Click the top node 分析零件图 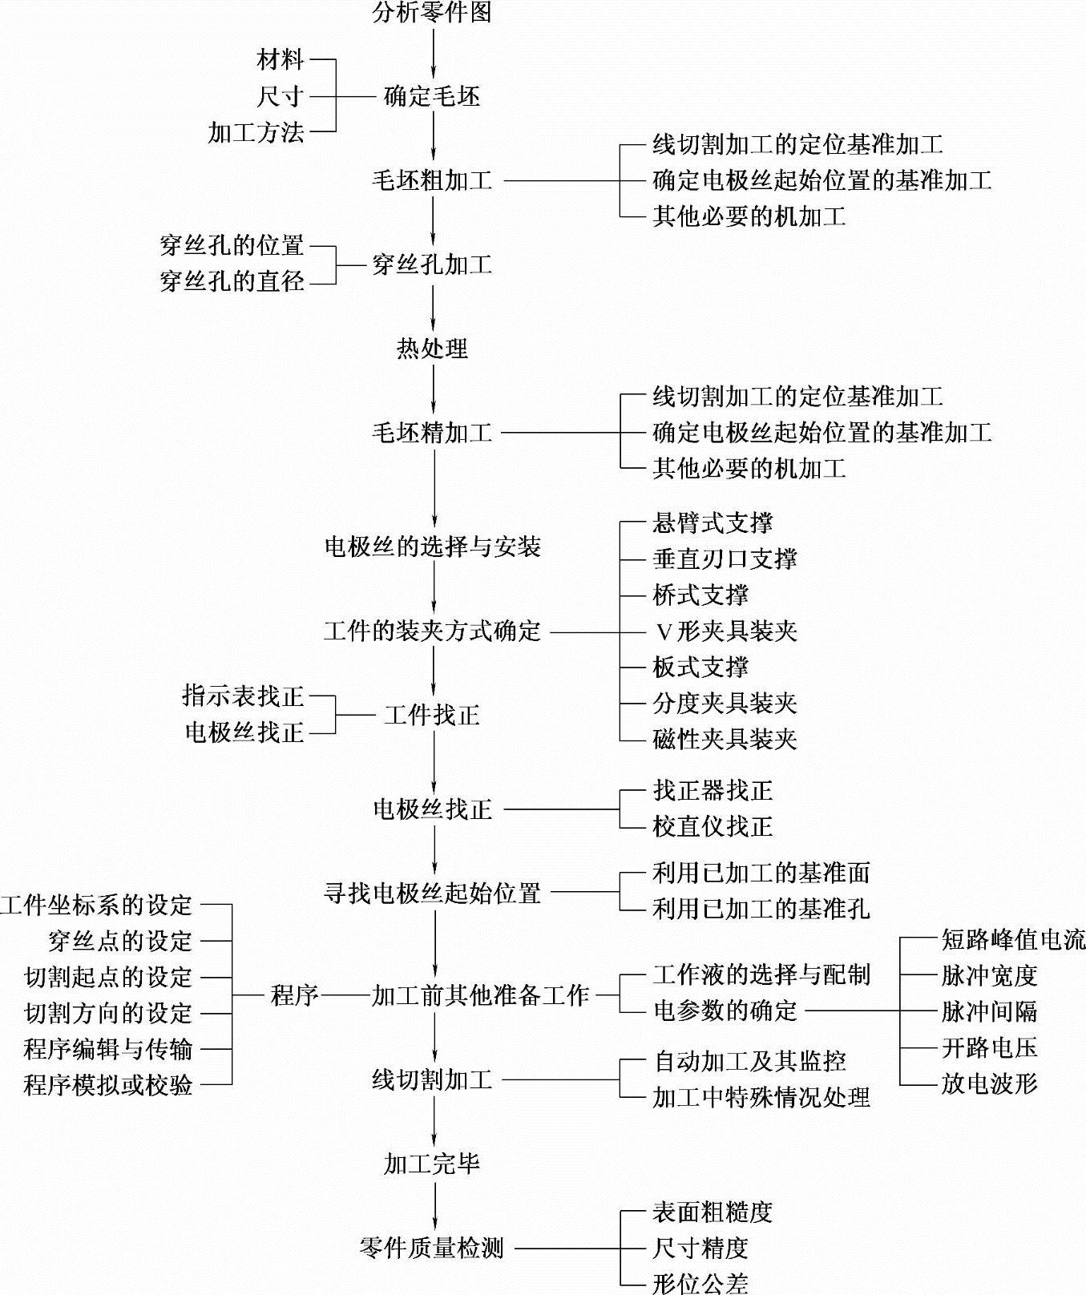pyautogui.click(x=432, y=12)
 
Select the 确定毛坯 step pyautogui.click(x=432, y=97)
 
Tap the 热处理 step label pyautogui.click(x=432, y=349)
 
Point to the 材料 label pyautogui.click(x=281, y=60)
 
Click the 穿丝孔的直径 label pyautogui.click(x=232, y=282)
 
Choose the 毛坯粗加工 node pyautogui.click(x=432, y=181)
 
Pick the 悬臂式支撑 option pyautogui.click(x=713, y=524)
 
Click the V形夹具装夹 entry pyautogui.click(x=725, y=632)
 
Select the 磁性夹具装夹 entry pyautogui.click(x=725, y=740)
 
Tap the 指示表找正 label pyautogui.click(x=244, y=696)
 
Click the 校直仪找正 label pyautogui.click(x=713, y=827)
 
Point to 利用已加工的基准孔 pyautogui.click(x=761, y=910)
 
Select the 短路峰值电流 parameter pyautogui.click(x=1013, y=940)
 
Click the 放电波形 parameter pyautogui.click(x=989, y=1084)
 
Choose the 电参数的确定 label pyautogui.click(x=725, y=1011)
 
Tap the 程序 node pyautogui.click(x=295, y=996)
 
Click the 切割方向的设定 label pyautogui.click(x=108, y=1014)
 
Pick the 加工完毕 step pyautogui.click(x=432, y=1164)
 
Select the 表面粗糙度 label pyautogui.click(x=713, y=1213)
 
